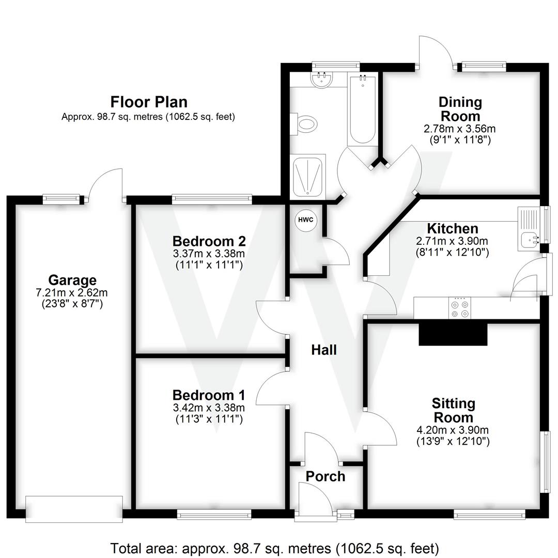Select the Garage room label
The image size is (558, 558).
point(72,281)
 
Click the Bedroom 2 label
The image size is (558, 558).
point(209,241)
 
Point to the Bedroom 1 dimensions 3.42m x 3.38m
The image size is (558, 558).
point(209,408)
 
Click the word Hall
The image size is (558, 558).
point(324,350)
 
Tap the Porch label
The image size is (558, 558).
point(325,476)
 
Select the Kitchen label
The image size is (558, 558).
point(452,228)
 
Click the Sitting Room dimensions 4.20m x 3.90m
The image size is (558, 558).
point(453,430)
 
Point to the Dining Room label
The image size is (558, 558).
point(460,109)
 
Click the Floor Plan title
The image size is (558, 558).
point(149,102)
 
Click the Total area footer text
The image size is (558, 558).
point(275,547)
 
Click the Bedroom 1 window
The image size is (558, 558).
point(214,514)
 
